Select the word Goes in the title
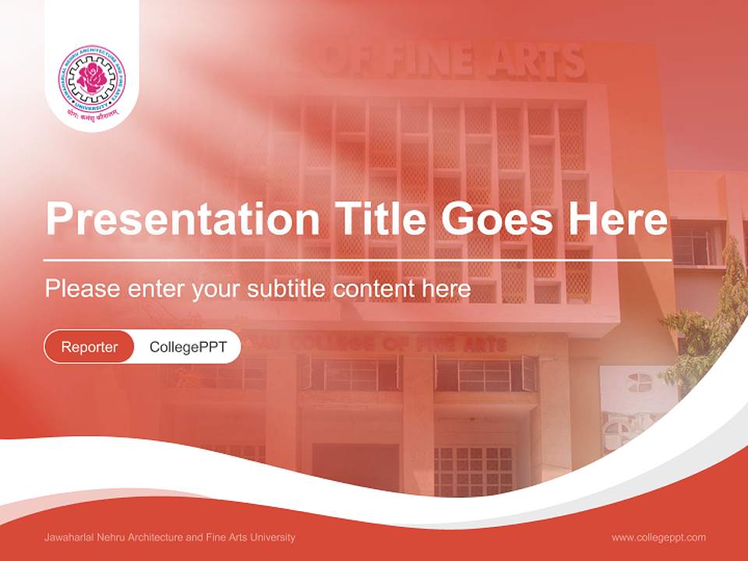click(x=496, y=219)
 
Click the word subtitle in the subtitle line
click(x=286, y=289)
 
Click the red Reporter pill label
click(x=89, y=347)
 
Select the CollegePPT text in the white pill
click(x=188, y=347)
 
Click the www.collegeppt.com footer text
click(x=658, y=538)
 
